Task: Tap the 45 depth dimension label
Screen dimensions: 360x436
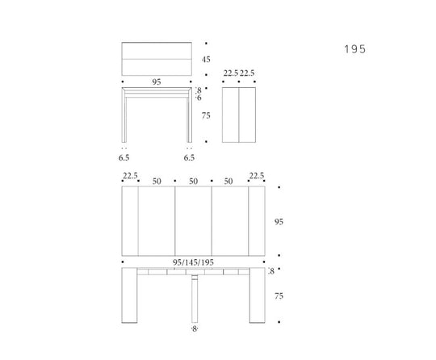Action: tap(206, 60)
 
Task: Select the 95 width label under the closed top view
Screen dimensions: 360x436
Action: tap(157, 82)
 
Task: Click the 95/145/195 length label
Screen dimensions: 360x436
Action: tap(193, 262)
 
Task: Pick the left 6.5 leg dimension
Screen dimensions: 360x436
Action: tap(124, 158)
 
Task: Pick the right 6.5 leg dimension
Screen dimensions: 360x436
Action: tap(189, 158)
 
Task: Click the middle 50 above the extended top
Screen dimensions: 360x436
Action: tap(194, 182)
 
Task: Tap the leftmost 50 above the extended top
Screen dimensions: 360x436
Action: tap(157, 182)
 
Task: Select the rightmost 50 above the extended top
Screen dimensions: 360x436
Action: tap(230, 182)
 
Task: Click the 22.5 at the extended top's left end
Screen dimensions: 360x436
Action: tap(129, 175)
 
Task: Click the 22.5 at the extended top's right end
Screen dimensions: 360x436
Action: tap(257, 175)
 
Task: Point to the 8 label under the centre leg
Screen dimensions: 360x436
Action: tap(194, 329)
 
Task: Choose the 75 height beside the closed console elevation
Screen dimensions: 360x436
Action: tap(206, 116)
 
